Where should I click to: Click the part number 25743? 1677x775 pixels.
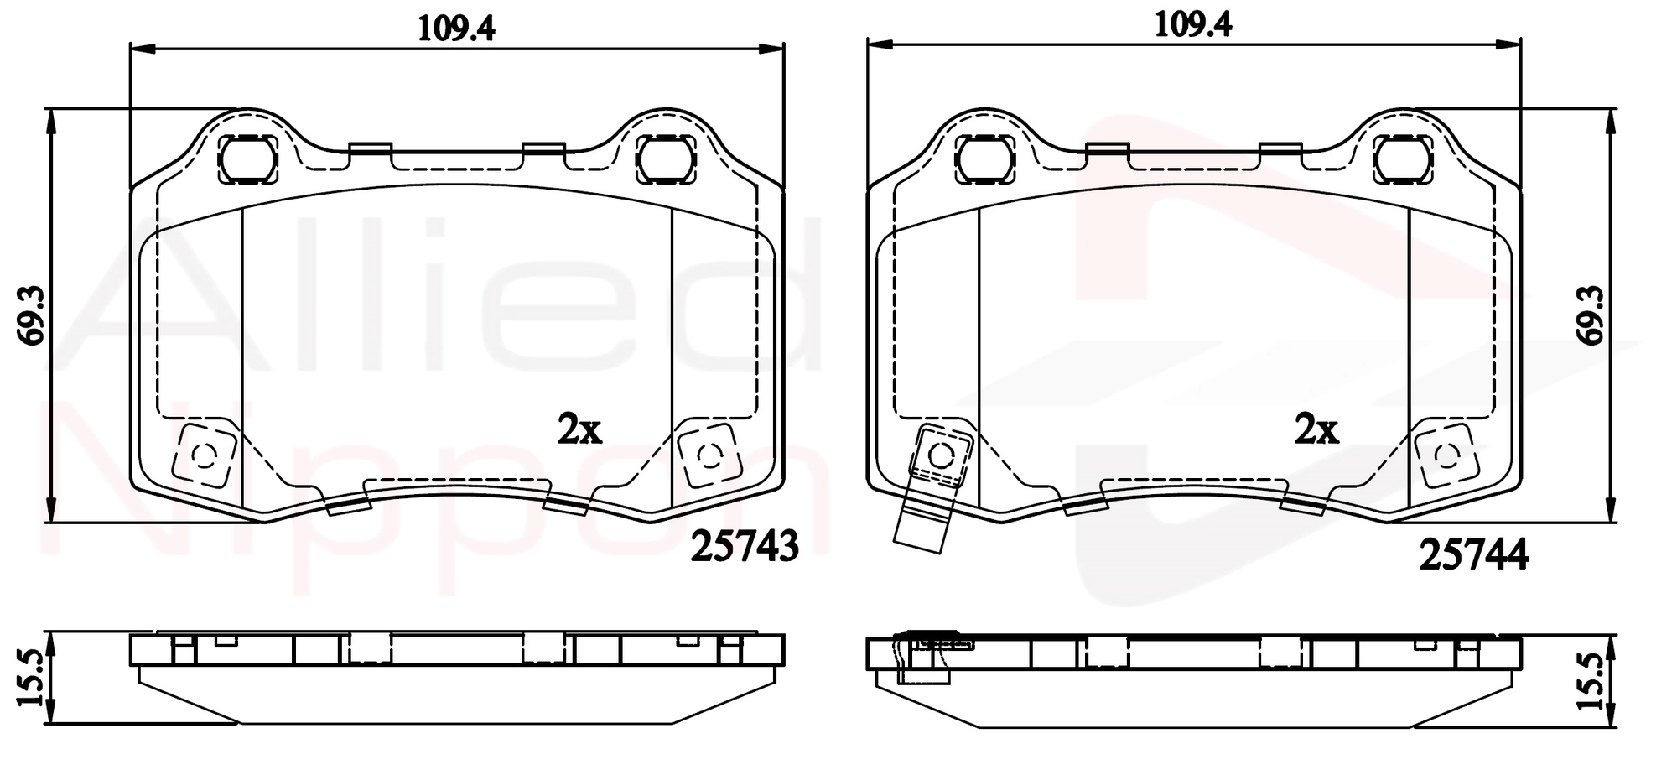(745, 547)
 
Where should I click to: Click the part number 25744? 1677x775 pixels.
(1474, 555)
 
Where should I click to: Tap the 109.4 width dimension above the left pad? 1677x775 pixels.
(456, 28)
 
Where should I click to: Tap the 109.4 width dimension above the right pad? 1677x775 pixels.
(1193, 25)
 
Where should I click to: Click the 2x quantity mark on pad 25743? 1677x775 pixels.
(579, 429)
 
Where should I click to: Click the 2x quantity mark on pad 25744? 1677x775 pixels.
(1316, 429)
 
